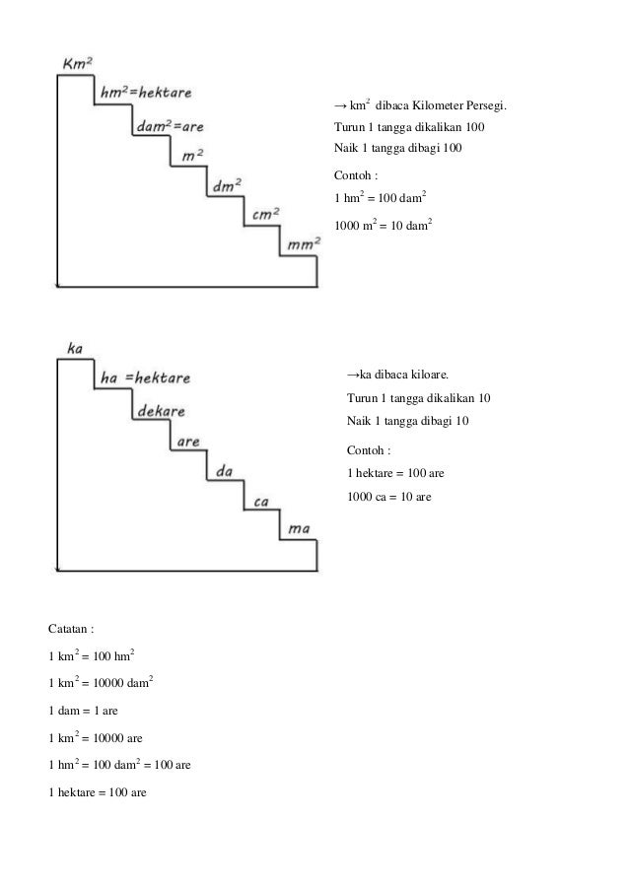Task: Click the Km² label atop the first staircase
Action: pos(78,63)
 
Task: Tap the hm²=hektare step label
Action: pos(147,92)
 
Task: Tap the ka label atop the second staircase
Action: pos(74,348)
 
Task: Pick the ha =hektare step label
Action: pos(146,377)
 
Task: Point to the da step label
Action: pos(224,471)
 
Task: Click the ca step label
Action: pos(261,502)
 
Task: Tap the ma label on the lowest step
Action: pos(300,530)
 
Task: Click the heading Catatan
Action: pos(71,628)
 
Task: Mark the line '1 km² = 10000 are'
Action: pos(95,736)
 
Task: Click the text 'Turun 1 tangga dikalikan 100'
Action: pos(410,128)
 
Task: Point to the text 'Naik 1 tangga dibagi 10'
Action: pos(409,421)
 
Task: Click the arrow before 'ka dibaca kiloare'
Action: pos(352,376)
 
